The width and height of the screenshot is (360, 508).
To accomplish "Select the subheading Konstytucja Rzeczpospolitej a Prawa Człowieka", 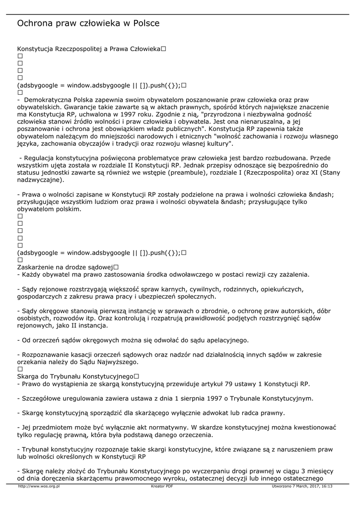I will (x=88, y=49).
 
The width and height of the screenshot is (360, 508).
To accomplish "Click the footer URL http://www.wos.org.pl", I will (x=39, y=487).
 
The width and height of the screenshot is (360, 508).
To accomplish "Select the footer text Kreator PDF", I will (x=162, y=487).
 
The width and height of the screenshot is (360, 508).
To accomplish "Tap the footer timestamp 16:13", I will (x=327, y=487).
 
